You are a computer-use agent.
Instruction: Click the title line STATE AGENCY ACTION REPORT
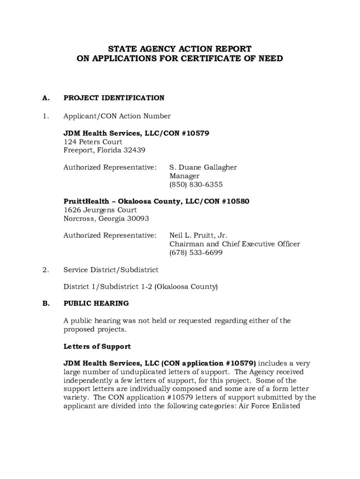click(180, 49)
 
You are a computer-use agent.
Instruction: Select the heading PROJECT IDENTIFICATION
click(114, 98)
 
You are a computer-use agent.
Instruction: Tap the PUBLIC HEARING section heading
click(96, 303)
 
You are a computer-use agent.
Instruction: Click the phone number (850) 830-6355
click(196, 184)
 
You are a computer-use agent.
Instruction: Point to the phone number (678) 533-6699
click(196, 253)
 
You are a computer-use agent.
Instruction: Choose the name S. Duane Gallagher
click(203, 167)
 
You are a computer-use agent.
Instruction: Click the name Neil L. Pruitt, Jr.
click(198, 235)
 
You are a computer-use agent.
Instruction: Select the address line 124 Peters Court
click(93, 142)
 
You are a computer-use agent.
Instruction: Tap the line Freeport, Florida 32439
click(104, 150)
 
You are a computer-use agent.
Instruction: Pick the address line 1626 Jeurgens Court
click(100, 210)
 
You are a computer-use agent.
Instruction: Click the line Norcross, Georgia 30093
click(106, 218)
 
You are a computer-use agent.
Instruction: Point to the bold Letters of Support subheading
click(97, 347)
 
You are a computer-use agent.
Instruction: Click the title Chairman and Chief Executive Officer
click(234, 244)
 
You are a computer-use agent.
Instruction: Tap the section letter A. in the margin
click(46, 98)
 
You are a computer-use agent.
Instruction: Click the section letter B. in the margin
click(46, 303)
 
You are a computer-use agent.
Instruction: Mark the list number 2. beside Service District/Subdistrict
click(45, 269)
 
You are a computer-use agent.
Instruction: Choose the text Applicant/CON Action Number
click(117, 116)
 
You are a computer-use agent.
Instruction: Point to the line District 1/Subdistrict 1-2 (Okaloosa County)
click(140, 286)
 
